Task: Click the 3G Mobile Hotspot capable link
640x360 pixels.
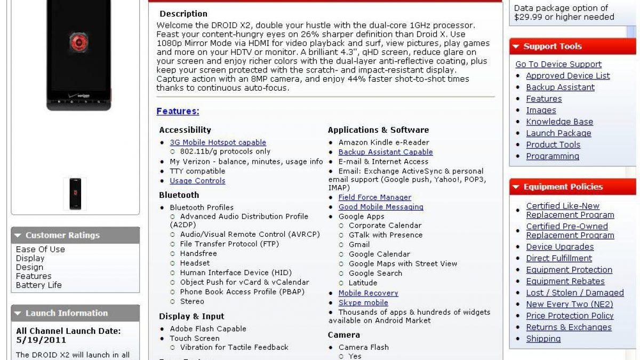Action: [218, 142]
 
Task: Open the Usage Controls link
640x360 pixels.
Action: [197, 181]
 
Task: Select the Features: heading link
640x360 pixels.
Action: [178, 111]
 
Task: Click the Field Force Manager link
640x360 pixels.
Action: [374, 197]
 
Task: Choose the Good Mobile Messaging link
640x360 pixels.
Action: [380, 207]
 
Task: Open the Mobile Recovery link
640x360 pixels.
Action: [368, 293]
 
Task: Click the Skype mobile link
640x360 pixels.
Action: [363, 303]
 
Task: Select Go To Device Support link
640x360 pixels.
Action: [558, 65]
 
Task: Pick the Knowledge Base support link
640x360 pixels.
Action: [559, 122]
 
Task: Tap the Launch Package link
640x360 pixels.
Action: [558, 133]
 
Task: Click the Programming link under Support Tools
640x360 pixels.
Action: [552, 156]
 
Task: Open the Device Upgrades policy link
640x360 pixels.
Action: [559, 247]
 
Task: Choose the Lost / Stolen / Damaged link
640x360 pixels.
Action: [574, 293]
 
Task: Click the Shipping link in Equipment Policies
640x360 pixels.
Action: [543, 339]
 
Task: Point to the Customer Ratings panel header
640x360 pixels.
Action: [75, 235]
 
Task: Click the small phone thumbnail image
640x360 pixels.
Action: [75, 194]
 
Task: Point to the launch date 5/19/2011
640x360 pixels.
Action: [41, 340]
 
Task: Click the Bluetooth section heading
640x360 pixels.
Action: [179, 195]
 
